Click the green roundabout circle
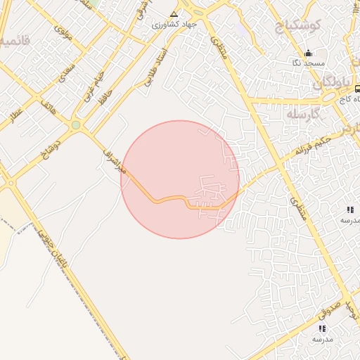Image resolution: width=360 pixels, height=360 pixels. [x=75, y=125]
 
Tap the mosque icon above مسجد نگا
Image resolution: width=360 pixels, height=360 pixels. [x=308, y=53]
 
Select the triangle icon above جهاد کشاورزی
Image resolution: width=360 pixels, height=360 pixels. [x=174, y=13]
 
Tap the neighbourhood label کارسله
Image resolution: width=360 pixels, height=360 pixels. [x=304, y=113]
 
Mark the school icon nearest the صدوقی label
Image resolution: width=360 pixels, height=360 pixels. [x=322, y=328]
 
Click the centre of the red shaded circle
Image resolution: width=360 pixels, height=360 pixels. [x=180, y=179]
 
